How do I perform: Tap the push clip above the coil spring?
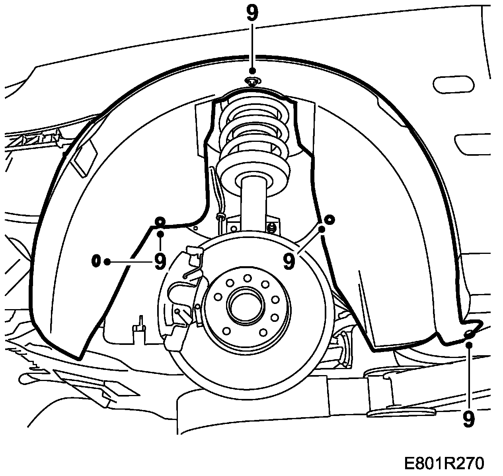click(x=251, y=81)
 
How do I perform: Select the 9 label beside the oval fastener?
click(x=160, y=261)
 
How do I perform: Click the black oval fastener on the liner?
click(x=96, y=261)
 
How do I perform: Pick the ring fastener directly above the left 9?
click(x=160, y=221)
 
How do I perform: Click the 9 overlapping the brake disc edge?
click(x=289, y=261)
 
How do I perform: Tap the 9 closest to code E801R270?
click(x=469, y=420)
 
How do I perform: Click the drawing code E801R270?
click(x=444, y=463)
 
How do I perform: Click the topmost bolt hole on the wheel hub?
click(x=247, y=278)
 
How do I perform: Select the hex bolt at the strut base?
click(x=272, y=228)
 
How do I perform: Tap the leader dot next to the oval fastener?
click(x=107, y=261)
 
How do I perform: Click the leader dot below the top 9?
click(x=252, y=71)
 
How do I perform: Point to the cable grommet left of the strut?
click(x=220, y=217)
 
